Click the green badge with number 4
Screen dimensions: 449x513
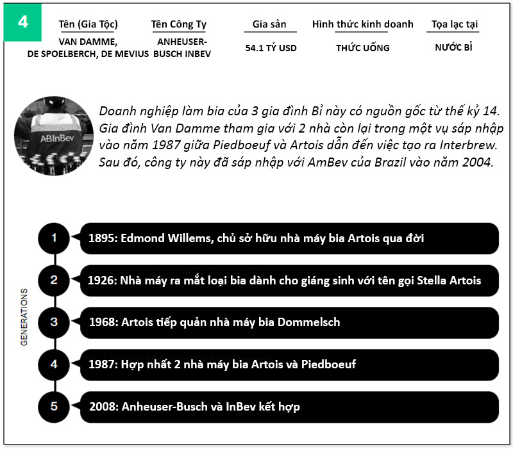(23, 21)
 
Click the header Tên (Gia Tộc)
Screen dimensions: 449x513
(88, 25)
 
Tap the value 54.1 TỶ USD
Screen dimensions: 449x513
(271, 48)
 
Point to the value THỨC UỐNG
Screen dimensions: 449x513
(363, 48)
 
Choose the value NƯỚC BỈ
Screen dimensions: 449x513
(453, 47)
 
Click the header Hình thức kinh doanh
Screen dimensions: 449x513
(363, 25)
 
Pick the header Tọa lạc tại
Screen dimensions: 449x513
(455, 25)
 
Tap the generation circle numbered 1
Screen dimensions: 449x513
(55, 238)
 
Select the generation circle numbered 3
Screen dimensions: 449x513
(55, 322)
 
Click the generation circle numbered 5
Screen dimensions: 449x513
(55, 406)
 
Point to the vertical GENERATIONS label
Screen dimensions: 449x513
(24, 317)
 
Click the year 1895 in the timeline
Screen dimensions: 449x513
(102, 238)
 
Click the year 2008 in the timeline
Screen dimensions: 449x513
(103, 407)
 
